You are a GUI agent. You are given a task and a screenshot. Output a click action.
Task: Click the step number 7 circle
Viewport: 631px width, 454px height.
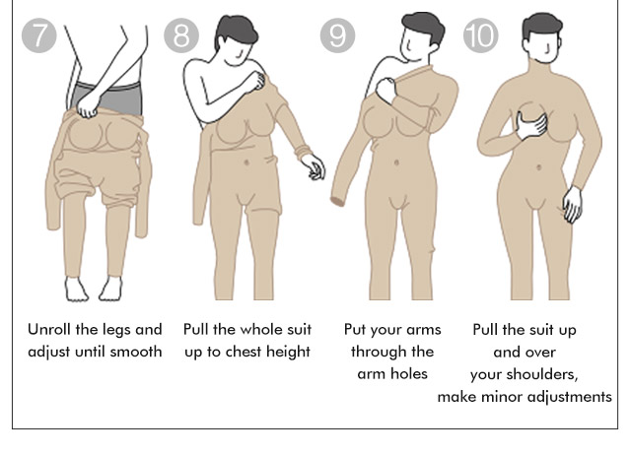coord(39,35)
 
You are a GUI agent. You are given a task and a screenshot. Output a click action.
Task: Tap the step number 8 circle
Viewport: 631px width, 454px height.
coord(181,35)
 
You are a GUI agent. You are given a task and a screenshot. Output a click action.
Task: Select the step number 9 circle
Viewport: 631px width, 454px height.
coord(337,35)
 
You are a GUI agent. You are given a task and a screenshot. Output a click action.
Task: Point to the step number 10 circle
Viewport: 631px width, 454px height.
coord(481,35)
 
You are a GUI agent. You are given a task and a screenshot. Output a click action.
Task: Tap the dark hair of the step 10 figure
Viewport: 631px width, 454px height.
coord(541,24)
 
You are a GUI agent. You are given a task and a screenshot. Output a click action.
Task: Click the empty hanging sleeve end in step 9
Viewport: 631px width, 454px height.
coord(338,201)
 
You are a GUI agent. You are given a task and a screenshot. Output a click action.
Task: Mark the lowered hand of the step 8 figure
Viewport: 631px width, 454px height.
coord(314,166)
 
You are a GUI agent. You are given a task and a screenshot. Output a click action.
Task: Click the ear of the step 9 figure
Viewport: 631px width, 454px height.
coord(434,47)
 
